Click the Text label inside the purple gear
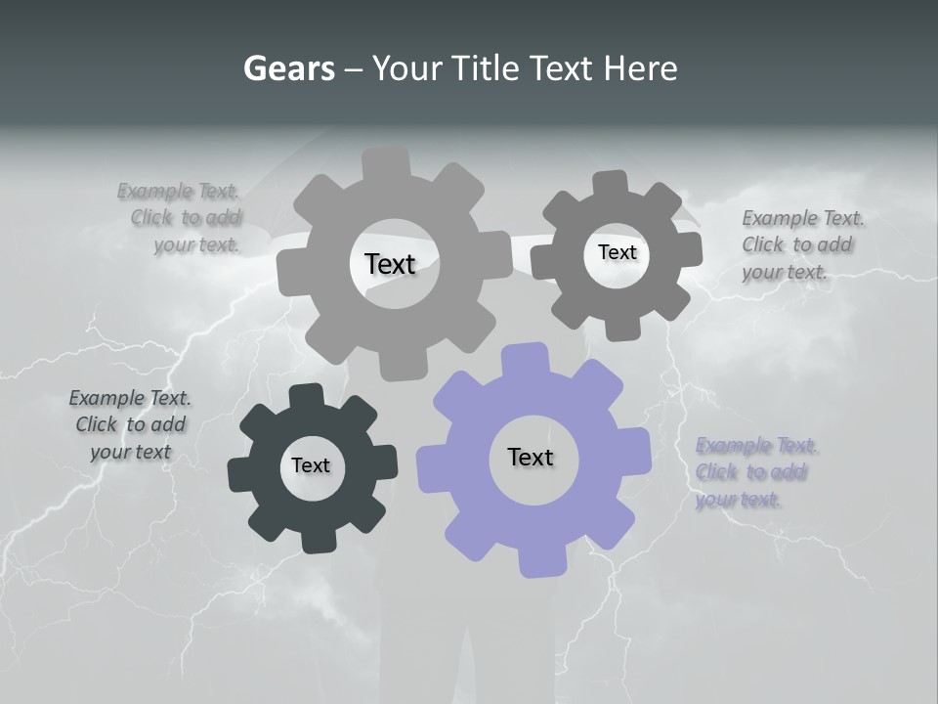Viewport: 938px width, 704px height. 531,457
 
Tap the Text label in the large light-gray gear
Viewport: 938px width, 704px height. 390,264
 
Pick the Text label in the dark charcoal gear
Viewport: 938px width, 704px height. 311,465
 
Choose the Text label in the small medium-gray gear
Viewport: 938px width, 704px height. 617,252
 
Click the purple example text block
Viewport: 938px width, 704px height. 755,472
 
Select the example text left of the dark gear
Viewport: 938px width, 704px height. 130,425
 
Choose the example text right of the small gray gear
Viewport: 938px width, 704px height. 802,244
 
